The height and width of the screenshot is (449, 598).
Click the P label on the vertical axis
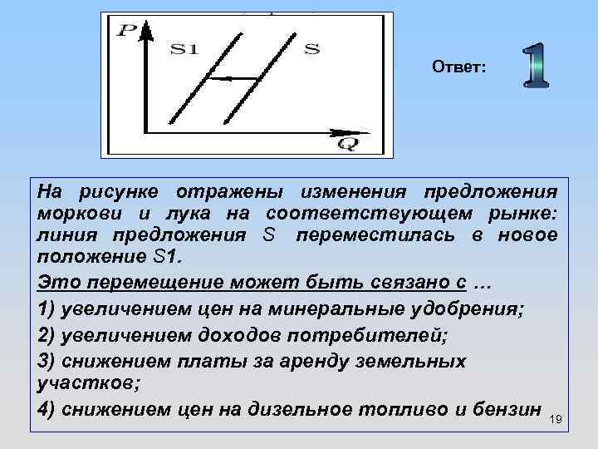pos(128,32)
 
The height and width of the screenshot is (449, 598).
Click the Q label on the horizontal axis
pos(347,144)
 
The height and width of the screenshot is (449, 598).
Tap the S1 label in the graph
pos(184,48)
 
